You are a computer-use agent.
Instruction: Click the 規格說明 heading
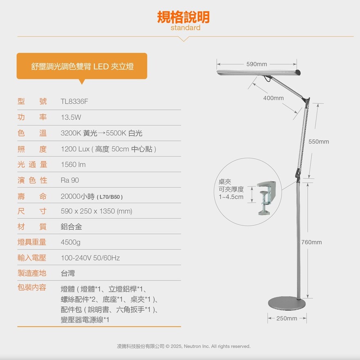(183, 17)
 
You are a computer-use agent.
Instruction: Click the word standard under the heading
(185, 27)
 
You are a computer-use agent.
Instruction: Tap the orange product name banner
(82, 66)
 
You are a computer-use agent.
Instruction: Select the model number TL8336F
(74, 101)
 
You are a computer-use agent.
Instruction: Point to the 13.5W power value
(71, 117)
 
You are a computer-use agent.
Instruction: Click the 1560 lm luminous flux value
(73, 164)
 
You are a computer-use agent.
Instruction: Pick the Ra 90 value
(70, 180)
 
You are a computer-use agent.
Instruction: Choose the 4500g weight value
(70, 242)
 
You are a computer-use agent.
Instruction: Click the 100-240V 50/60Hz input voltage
(90, 258)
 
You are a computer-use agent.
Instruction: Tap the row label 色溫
(32, 133)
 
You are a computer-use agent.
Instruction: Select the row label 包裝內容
(32, 287)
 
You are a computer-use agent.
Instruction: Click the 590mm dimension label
(256, 64)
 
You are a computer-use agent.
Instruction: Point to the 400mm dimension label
(273, 98)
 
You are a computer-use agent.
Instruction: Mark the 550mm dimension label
(319, 142)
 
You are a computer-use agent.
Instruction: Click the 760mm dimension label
(312, 242)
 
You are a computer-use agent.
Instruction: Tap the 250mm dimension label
(286, 318)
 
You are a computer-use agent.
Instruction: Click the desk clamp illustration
(267, 198)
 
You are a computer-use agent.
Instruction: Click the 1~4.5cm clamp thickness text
(231, 197)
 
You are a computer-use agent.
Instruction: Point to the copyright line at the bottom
(183, 346)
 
